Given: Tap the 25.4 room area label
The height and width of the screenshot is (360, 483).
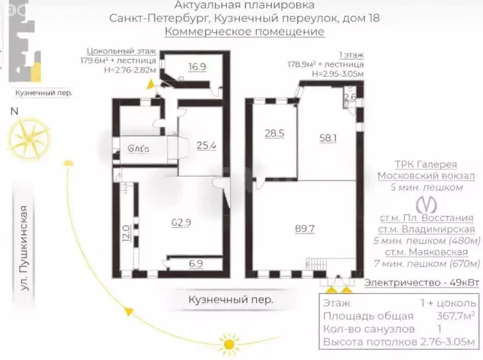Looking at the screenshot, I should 206,145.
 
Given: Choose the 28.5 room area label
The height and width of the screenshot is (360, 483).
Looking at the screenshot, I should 274,133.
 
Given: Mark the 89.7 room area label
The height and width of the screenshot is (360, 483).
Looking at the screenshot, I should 304,229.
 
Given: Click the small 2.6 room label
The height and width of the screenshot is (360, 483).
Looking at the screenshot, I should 350,97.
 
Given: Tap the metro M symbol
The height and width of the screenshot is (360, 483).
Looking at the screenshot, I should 426,205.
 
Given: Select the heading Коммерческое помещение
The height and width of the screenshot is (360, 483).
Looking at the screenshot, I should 244,32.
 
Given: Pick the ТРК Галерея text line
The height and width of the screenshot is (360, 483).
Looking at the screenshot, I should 426,165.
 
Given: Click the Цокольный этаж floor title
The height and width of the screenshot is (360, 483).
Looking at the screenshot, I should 121,51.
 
